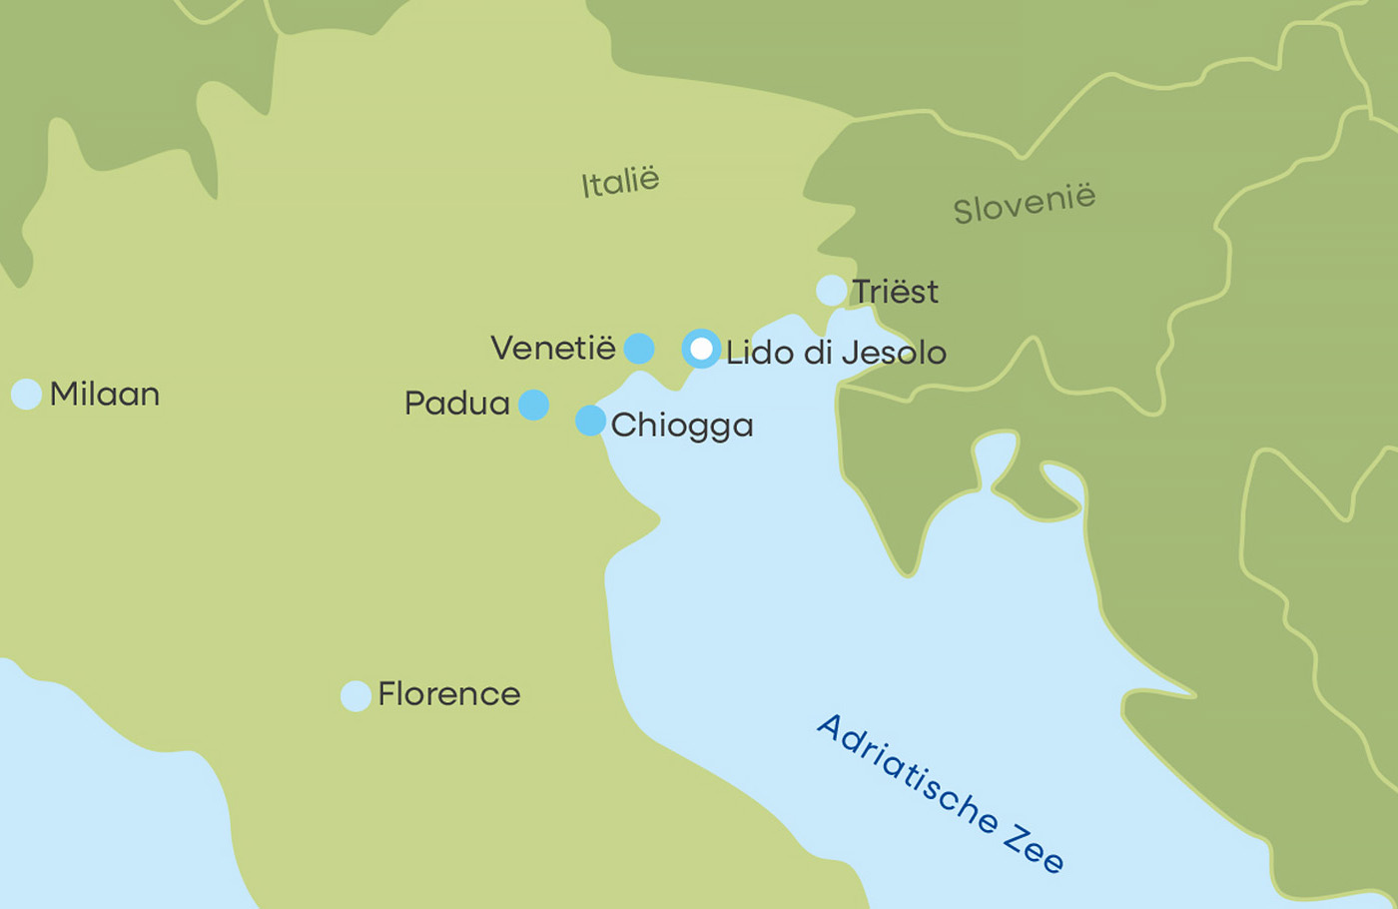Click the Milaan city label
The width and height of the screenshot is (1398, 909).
click(x=105, y=395)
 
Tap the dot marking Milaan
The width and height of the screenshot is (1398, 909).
click(x=26, y=394)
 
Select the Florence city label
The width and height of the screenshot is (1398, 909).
click(x=448, y=694)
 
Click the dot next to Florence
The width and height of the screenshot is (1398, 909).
click(x=355, y=695)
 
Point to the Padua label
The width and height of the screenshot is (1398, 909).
click(x=456, y=404)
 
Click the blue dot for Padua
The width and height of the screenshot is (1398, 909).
click(x=533, y=405)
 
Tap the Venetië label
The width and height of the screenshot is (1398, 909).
click(x=553, y=348)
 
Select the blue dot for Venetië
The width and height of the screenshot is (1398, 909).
click(x=639, y=349)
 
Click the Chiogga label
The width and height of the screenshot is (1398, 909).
click(x=682, y=426)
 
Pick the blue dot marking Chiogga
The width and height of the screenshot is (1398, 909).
click(x=590, y=421)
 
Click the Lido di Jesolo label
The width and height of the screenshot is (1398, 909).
click(x=836, y=353)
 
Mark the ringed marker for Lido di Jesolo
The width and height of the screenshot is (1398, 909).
click(x=702, y=349)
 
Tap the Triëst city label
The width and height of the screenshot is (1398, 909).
click(x=895, y=292)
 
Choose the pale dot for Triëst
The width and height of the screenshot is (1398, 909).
click(x=831, y=291)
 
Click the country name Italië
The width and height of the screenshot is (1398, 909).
click(x=620, y=182)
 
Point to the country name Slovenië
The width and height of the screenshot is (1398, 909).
click(x=1024, y=204)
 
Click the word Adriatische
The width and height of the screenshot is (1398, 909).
click(x=907, y=773)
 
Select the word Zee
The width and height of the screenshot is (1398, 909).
click(x=1034, y=849)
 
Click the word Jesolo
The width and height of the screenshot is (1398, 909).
click(x=894, y=353)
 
